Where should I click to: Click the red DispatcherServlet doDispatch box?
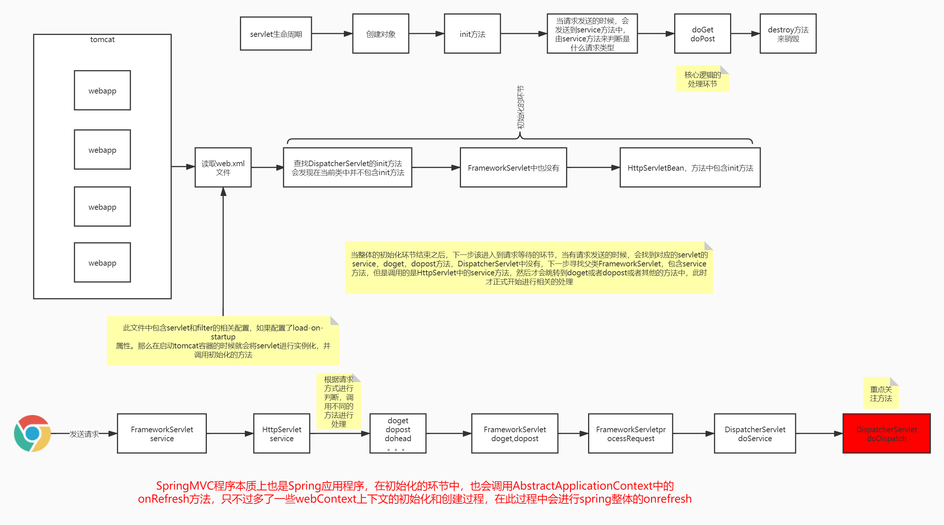tap(886, 433)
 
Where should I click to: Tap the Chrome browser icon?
tap(32, 433)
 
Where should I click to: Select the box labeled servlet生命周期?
tap(276, 34)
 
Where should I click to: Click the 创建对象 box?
tap(381, 34)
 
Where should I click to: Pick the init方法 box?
tap(472, 34)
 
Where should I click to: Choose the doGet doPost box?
tap(702, 34)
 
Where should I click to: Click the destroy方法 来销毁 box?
tap(788, 34)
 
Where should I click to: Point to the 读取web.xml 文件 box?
tap(223, 168)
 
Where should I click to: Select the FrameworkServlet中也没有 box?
tap(513, 168)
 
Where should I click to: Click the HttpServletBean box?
tap(690, 168)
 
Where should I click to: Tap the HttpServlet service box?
tap(281, 433)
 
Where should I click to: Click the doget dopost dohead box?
tap(398, 433)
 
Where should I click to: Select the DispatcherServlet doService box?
tap(755, 433)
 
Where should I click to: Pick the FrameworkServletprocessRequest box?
tap(630, 433)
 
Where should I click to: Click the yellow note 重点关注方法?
tap(881, 394)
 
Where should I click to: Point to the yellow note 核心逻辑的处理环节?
tap(702, 79)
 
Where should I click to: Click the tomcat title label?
tap(102, 39)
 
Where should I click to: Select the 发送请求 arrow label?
tap(84, 434)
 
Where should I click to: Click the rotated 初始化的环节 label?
tap(520, 107)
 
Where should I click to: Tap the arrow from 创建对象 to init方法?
tap(426, 34)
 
